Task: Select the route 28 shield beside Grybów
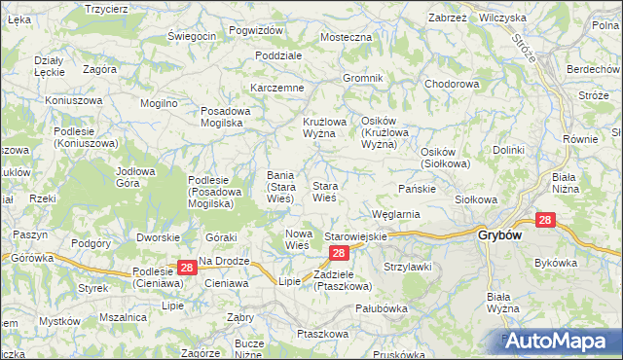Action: click(x=545, y=221)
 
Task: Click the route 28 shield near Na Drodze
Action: click(x=186, y=267)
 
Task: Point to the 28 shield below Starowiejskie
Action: click(x=338, y=253)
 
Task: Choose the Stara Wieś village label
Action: click(x=324, y=192)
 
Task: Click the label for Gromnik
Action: click(x=362, y=78)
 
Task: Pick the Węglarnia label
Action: click(x=395, y=214)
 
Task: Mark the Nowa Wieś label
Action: click(x=297, y=239)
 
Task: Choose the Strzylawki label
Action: click(x=408, y=267)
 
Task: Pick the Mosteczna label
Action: click(x=347, y=37)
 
